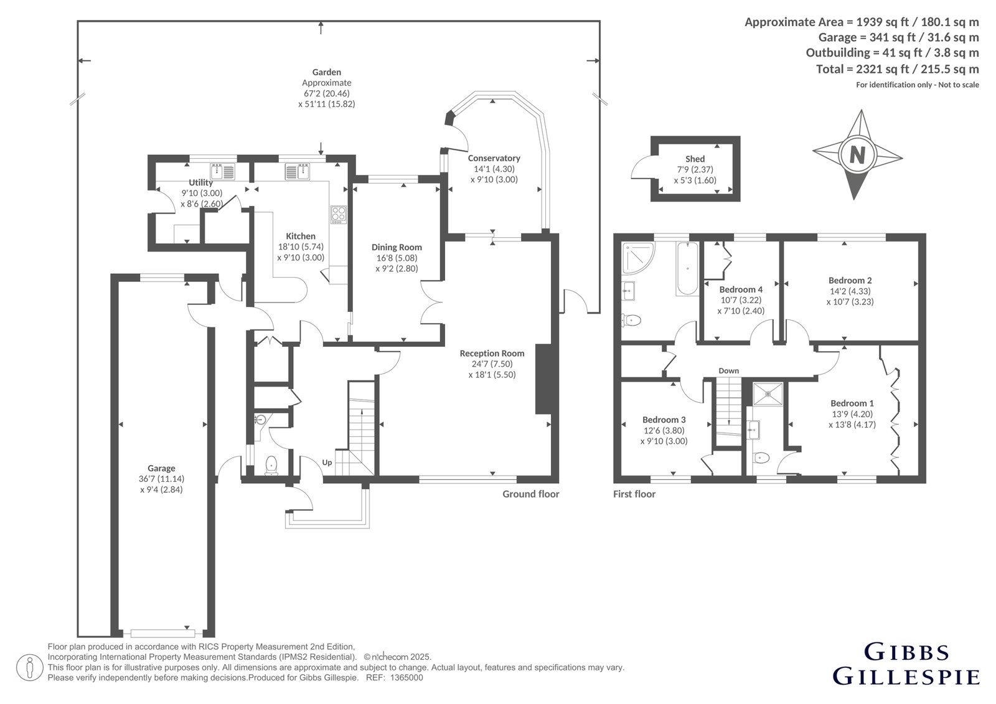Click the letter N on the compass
point(857,155)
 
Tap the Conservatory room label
point(494,158)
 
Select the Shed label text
point(695,159)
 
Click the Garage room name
point(161,468)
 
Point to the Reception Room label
point(492,353)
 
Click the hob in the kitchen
point(339,214)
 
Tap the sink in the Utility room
point(222,171)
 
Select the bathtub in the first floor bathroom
point(687,268)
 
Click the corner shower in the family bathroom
point(637,258)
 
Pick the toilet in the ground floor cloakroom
point(271,465)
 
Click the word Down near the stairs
point(729,371)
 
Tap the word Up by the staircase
point(327,462)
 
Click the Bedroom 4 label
point(741,289)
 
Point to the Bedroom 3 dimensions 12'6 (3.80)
point(664,431)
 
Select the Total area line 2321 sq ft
point(897,69)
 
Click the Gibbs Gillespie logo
point(906,670)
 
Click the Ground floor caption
point(531,494)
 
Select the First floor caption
point(634,494)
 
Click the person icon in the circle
point(30,668)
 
